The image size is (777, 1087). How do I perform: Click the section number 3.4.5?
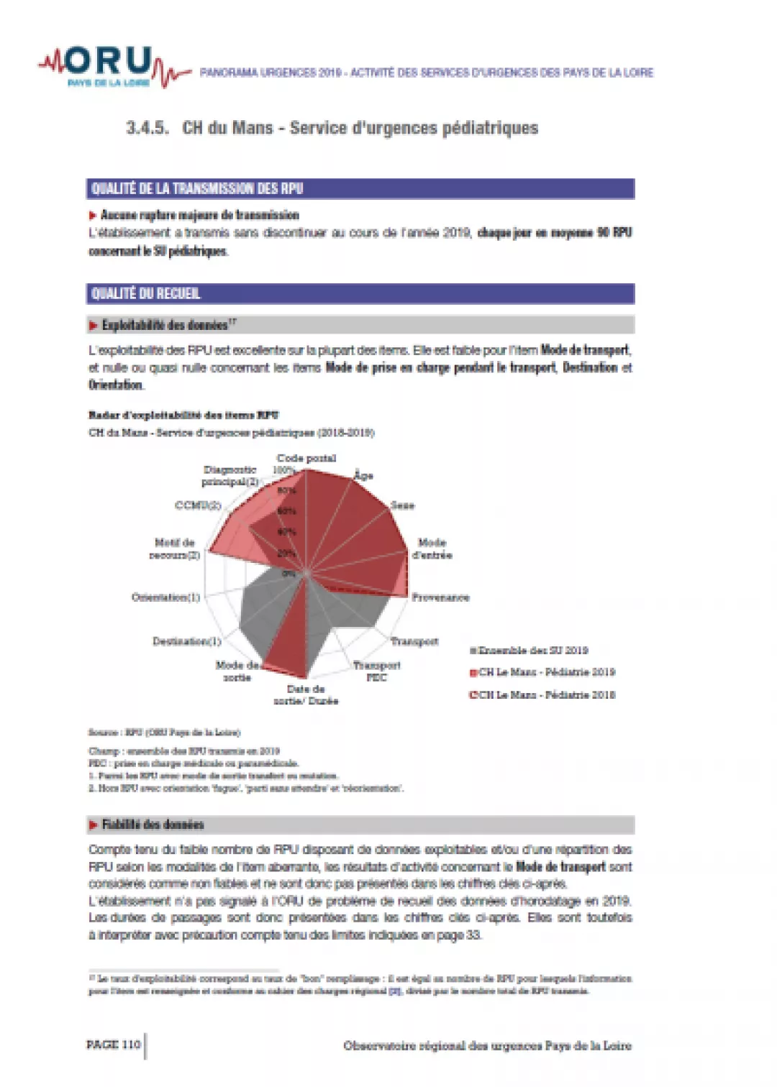tap(147, 128)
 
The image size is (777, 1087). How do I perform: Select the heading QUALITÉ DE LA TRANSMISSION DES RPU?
tap(197, 189)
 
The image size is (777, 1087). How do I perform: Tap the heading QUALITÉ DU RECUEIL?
tap(146, 293)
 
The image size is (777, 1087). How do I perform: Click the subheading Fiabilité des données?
tap(153, 825)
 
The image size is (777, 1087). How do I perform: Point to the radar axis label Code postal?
tap(306, 458)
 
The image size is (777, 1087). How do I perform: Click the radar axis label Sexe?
tap(403, 505)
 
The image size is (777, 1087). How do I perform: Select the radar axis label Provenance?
tap(440, 597)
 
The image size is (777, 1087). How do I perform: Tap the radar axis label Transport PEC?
tap(377, 671)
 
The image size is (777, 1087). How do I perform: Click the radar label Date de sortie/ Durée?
tap(306, 694)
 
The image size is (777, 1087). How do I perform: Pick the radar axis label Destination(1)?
tap(186, 641)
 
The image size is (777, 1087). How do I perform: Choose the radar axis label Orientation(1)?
tap(165, 597)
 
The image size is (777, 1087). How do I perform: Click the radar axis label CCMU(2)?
tap(198, 505)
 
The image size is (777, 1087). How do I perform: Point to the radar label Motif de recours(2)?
tap(174, 549)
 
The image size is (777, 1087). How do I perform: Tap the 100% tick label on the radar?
tap(283, 470)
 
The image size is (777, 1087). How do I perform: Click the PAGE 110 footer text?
tap(114, 1045)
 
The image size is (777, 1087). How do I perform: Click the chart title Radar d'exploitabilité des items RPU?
tap(183, 415)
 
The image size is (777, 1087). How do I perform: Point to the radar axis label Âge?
tap(363, 475)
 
